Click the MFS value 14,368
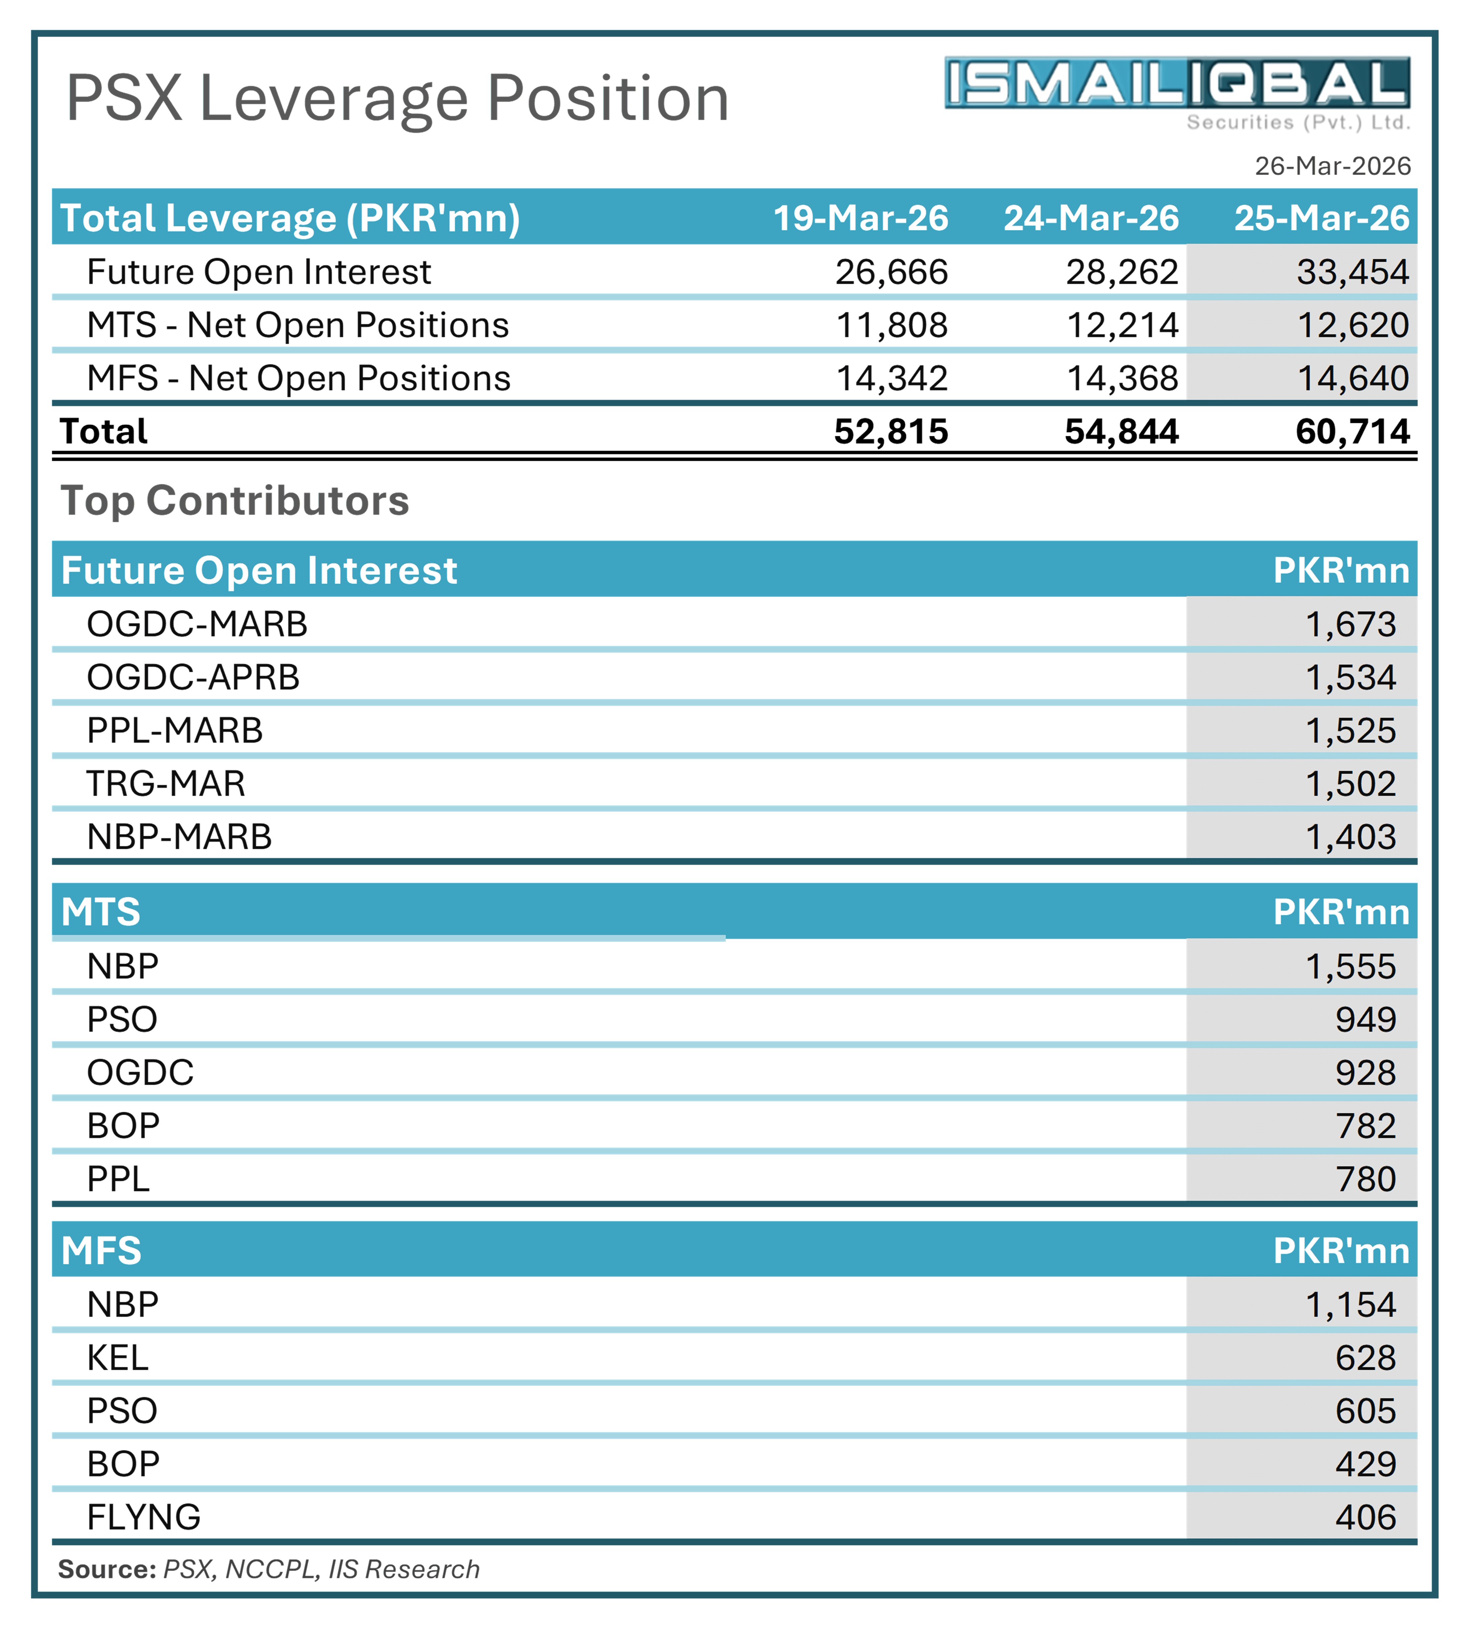(1122, 378)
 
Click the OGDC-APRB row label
(193, 677)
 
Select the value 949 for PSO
(1365, 1020)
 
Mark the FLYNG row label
(144, 1517)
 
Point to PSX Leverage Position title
(397, 99)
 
